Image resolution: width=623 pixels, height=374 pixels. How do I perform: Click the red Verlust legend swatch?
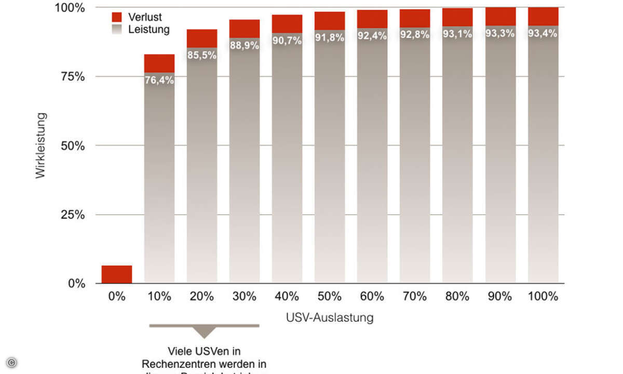[x=117, y=17]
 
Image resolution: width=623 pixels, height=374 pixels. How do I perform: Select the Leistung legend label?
[x=148, y=30]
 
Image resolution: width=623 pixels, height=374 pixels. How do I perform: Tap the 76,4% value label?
[x=159, y=81]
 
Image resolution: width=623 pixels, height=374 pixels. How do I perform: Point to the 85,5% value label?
[x=202, y=55]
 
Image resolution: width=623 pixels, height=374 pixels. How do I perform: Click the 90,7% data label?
[x=287, y=41]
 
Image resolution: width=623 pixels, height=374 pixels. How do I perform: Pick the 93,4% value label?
[x=543, y=33]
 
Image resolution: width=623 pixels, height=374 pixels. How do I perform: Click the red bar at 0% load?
[x=117, y=274]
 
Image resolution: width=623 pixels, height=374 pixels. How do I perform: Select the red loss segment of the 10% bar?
[x=159, y=63]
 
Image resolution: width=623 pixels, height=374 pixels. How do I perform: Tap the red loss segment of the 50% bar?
[x=330, y=21]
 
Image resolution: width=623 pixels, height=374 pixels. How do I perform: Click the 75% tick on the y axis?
[x=72, y=77]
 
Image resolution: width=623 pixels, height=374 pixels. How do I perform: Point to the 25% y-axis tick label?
[x=72, y=215]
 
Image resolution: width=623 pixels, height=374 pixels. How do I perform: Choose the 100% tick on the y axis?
[x=70, y=8]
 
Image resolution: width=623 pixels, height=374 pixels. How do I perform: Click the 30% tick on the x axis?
[x=245, y=297]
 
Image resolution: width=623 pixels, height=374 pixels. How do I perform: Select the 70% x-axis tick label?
[x=415, y=297]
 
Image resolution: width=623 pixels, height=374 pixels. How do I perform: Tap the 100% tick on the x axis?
[x=543, y=297]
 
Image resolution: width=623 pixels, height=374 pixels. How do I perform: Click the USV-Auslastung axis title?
[x=330, y=317]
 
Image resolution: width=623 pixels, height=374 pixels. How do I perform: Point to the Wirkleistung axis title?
[x=41, y=145]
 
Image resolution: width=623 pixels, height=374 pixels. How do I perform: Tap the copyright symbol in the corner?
[x=11, y=363]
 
